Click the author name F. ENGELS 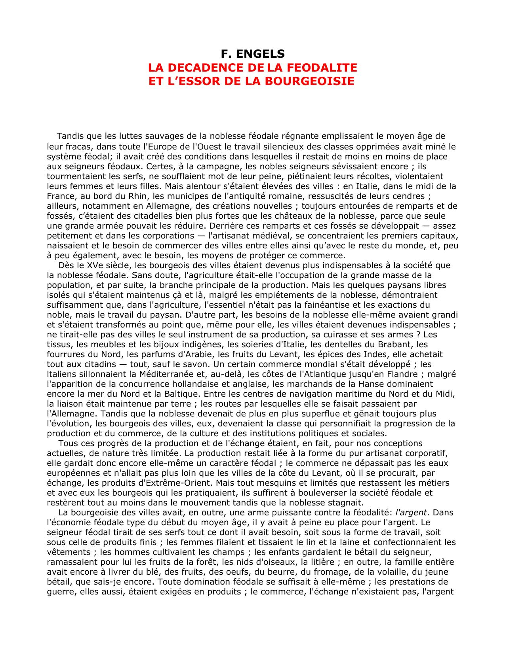click(252, 53)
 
